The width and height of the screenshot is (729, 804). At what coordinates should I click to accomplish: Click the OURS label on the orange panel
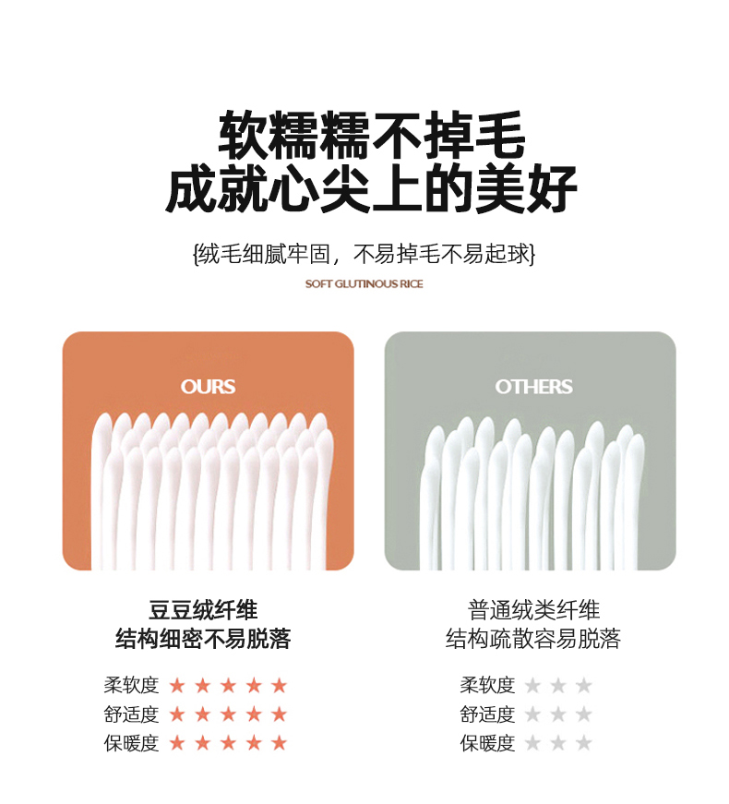(x=208, y=387)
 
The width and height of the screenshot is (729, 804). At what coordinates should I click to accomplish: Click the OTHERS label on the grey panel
(x=533, y=387)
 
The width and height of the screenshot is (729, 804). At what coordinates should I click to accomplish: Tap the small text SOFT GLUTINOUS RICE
(x=364, y=283)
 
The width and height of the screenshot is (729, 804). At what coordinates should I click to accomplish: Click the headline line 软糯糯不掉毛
(x=372, y=135)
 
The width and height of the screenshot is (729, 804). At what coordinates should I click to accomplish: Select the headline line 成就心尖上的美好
(x=372, y=188)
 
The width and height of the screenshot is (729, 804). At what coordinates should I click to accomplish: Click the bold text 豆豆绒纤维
(x=203, y=610)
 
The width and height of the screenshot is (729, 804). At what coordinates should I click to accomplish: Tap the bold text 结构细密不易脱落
(x=203, y=639)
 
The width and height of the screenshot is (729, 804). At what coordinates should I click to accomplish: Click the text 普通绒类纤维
(x=533, y=610)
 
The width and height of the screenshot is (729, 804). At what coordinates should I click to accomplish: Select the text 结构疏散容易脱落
(x=533, y=639)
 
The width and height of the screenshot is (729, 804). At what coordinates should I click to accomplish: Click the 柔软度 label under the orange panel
(x=131, y=685)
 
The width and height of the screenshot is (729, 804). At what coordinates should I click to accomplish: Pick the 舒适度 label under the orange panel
(x=131, y=714)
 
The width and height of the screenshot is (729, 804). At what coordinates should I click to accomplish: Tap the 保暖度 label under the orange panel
(x=131, y=743)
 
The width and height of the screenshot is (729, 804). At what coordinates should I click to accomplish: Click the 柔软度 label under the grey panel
(x=487, y=685)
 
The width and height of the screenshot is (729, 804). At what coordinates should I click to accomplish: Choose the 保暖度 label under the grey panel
(x=487, y=743)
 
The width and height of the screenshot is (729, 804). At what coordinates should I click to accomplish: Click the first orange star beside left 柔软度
(x=177, y=685)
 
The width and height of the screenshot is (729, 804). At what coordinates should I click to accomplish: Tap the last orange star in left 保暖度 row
(x=279, y=742)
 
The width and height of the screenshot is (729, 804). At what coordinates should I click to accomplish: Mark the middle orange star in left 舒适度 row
(x=228, y=714)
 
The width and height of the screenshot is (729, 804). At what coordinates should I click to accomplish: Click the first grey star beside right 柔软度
(x=532, y=685)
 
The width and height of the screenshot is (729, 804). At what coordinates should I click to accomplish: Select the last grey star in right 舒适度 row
(x=583, y=714)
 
